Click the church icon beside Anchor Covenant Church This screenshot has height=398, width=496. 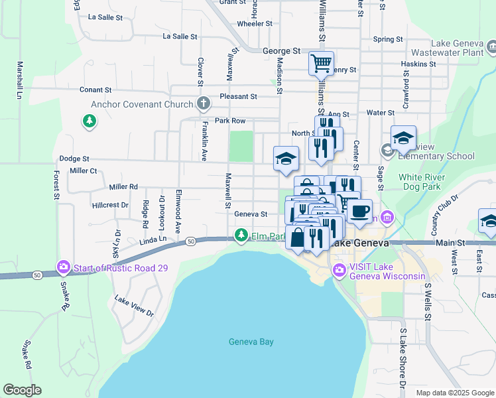tap(204, 104)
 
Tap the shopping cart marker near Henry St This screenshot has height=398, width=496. tap(321, 64)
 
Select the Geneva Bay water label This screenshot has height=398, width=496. tap(251, 342)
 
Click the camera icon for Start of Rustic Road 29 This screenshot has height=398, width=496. tap(64, 268)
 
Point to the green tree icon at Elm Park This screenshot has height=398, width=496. tap(241, 235)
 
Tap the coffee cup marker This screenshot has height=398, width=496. tap(360, 211)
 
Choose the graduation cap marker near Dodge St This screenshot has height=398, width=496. tap(286, 158)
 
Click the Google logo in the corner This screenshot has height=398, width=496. tap(22, 390)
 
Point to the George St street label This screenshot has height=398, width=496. tap(282, 50)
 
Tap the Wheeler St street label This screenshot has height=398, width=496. tap(255, 23)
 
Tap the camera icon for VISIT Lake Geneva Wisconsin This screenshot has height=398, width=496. tap(340, 270)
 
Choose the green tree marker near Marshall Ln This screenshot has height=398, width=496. tap(89, 121)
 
